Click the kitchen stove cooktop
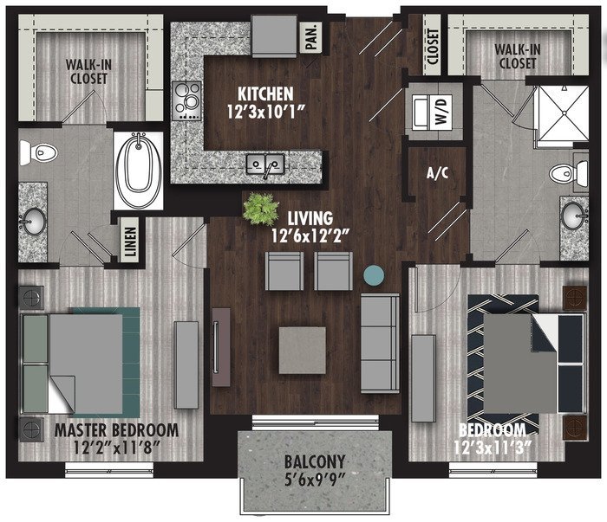click(x=187, y=100)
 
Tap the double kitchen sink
click(x=265, y=164)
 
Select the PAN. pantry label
click(x=311, y=37)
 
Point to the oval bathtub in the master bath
click(x=138, y=171)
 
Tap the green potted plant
click(x=260, y=209)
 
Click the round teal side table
click(x=374, y=274)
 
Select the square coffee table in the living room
click(x=303, y=350)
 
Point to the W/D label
click(x=441, y=111)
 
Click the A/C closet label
click(x=437, y=173)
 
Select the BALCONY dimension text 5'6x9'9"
click(x=315, y=480)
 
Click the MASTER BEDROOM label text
click(x=116, y=430)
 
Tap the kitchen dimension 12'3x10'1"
click(x=265, y=112)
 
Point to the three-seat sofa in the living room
click(x=380, y=343)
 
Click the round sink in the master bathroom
click(x=34, y=221)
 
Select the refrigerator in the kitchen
click(x=274, y=35)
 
